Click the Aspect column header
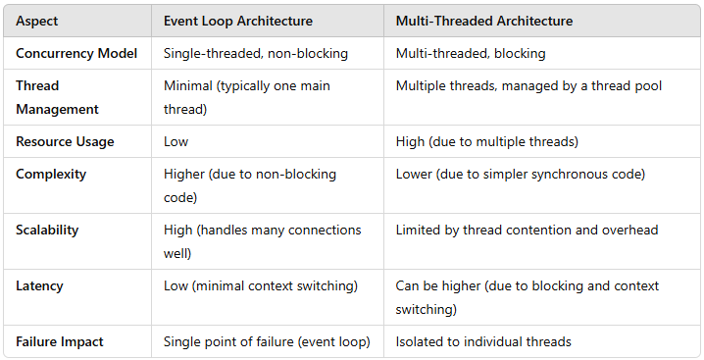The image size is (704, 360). pos(38,20)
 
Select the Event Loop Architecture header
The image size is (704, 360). pos(238,20)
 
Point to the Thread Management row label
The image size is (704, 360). pos(58,97)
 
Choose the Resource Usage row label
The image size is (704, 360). pos(65,141)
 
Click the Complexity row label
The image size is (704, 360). pos(51,174)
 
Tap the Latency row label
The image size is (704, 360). pos(38,285)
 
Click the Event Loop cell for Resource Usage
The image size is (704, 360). pos(176,141)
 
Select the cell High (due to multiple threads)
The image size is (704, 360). pos(487,141)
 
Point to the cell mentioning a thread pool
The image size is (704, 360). pos(528,85)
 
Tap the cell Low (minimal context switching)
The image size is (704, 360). pos(260,285)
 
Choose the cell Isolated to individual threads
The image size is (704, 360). pos(483,341)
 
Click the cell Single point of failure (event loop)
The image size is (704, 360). pos(267,341)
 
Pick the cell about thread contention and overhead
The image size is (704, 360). pos(527,230)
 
